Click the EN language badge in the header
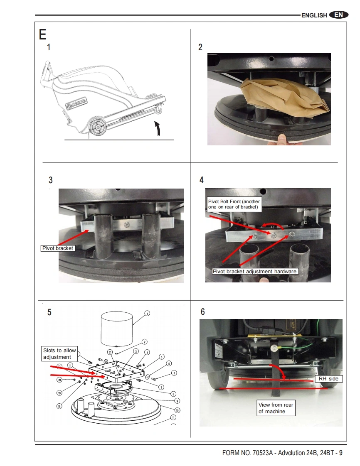coord(338,15)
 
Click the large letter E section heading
coord(42,34)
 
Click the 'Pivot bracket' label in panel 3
coord(58,248)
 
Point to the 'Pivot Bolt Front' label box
coord(234,204)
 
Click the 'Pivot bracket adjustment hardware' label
coord(255,272)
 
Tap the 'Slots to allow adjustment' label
coord(60,354)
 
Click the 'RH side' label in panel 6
coord(328,379)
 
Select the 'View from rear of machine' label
coord(276,408)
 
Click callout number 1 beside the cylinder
coord(147,313)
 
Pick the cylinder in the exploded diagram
coord(117,329)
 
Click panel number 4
coord(202,180)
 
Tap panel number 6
coord(202,311)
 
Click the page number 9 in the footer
coord(340,453)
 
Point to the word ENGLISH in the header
coord(314,15)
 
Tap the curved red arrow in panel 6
coord(279,371)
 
